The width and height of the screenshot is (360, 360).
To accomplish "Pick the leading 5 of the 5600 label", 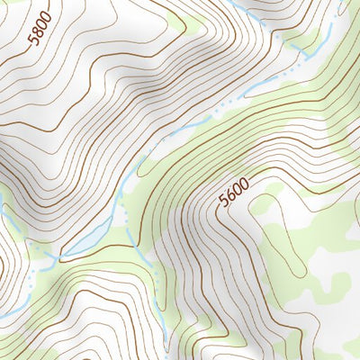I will point(223,202).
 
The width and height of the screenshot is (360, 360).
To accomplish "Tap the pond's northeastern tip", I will point(112,219).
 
